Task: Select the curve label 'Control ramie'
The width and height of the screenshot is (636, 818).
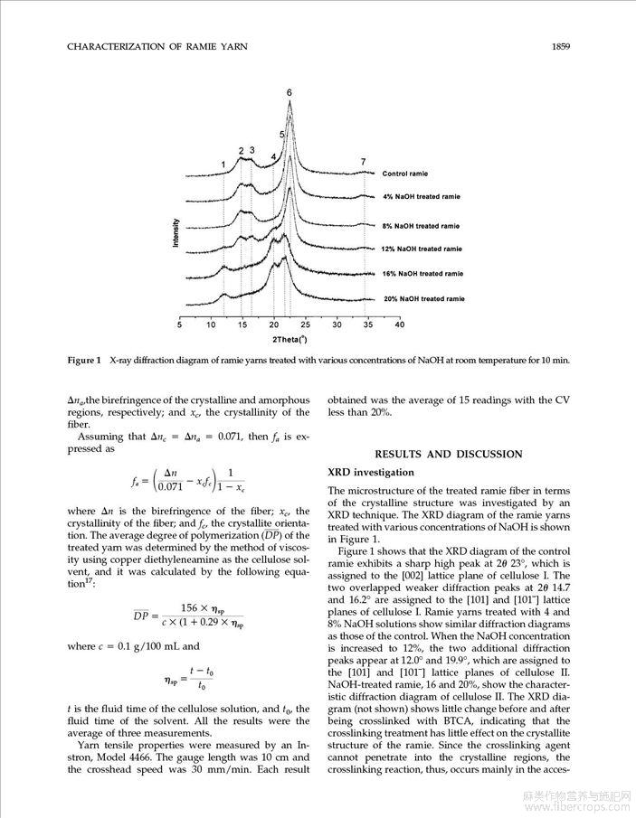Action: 404,174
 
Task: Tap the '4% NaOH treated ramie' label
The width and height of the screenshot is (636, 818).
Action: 421,196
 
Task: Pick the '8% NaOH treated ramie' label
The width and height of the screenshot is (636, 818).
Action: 421,226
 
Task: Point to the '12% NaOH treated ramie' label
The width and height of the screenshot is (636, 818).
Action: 422,249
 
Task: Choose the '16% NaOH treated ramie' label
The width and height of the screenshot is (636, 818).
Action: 422,273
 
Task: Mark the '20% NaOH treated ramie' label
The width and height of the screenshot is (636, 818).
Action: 423,298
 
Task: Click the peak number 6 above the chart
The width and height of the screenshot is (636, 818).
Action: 290,93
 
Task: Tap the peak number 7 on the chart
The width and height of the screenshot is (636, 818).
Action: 363,162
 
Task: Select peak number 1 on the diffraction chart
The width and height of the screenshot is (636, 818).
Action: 223,164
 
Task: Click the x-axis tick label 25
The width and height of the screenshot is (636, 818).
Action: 306,324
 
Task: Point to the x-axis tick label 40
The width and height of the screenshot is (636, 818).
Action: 400,324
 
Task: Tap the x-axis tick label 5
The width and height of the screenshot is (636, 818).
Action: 179,324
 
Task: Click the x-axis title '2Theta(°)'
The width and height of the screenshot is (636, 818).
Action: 290,339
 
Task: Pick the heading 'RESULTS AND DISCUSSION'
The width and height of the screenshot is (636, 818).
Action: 448,454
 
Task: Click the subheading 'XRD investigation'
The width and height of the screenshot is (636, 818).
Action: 371,472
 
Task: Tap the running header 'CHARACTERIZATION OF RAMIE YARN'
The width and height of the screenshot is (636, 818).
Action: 157,45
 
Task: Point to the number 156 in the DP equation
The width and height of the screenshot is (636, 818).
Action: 189,607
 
